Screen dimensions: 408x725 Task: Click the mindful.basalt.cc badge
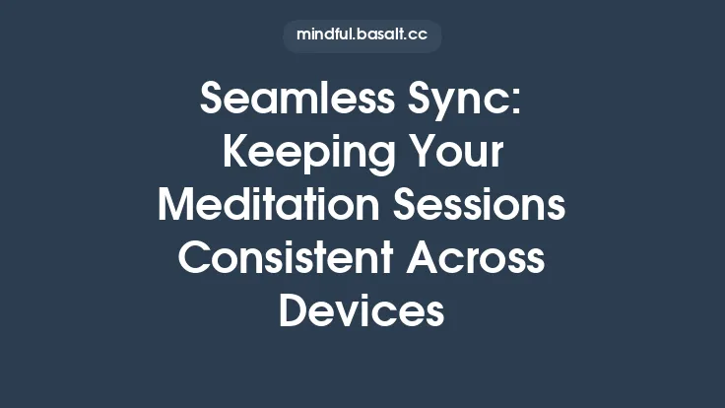coord(362,36)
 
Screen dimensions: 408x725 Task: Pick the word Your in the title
coord(456,155)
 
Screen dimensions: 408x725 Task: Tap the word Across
coord(484,259)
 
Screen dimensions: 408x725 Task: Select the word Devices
coord(362,311)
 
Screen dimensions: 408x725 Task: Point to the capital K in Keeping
coord(234,155)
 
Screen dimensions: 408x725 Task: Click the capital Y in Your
coord(418,155)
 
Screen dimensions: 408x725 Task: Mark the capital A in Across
coord(432,259)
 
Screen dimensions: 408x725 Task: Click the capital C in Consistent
coord(196,259)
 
